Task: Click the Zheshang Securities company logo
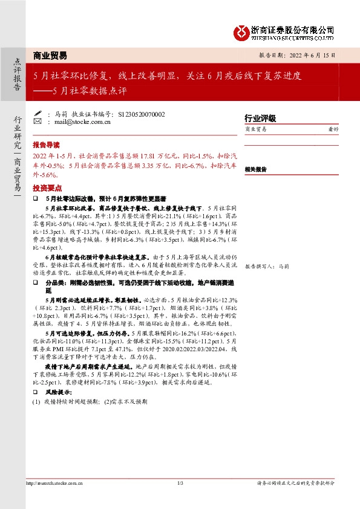coord(284,31)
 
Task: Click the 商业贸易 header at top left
coord(50,54)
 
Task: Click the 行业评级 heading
coord(260,118)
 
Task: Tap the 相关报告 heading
coord(255,170)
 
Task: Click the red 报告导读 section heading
coord(46,146)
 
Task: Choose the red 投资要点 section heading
coord(46,188)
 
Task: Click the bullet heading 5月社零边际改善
coord(105,198)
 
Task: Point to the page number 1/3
coord(180,482)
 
